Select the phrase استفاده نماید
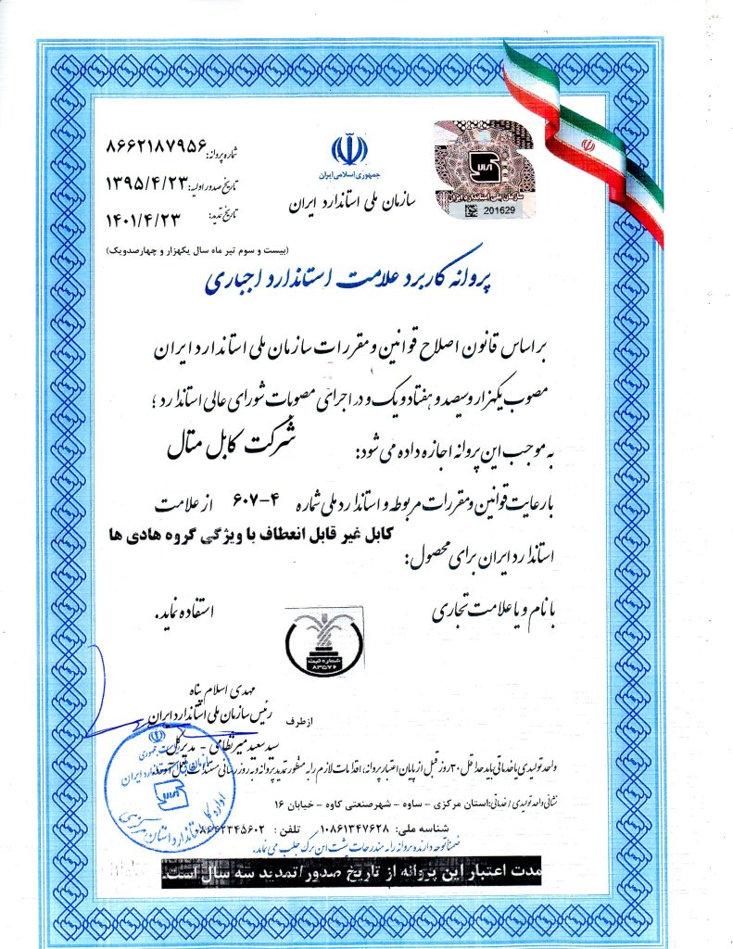click(183, 613)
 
